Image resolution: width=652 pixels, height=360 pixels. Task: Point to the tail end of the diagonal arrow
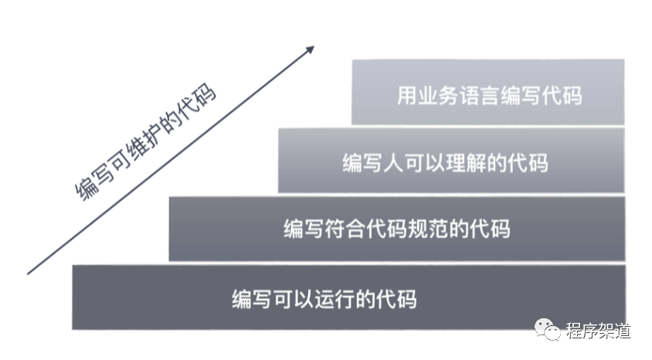[x=29, y=273]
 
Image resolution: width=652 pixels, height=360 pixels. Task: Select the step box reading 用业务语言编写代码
[x=487, y=93]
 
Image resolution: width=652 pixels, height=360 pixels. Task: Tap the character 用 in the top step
[x=407, y=97]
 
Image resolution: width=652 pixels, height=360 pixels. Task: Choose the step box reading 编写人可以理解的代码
[x=450, y=161]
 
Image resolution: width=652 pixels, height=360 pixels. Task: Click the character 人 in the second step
[x=393, y=163]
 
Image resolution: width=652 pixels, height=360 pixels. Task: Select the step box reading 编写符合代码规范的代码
[x=396, y=229]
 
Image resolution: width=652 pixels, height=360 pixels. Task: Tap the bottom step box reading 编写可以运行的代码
[x=348, y=297]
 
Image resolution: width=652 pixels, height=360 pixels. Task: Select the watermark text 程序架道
[x=598, y=331]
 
